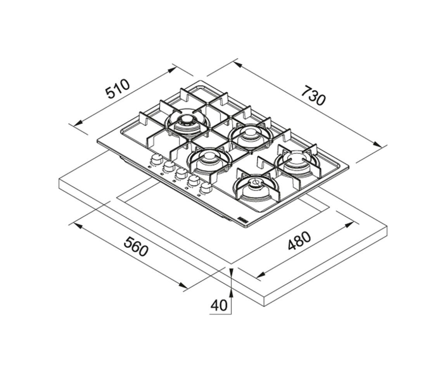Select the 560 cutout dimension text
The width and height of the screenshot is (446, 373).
pos(137,246)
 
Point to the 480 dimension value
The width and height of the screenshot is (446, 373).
pos(299,241)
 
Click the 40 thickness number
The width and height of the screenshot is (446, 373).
pos(219,305)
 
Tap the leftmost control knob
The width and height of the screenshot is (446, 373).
pos(156,159)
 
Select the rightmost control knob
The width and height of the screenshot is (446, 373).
pos(206,187)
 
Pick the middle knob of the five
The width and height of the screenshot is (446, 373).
pos(181,173)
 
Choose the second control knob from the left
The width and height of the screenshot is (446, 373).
pos(169,166)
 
